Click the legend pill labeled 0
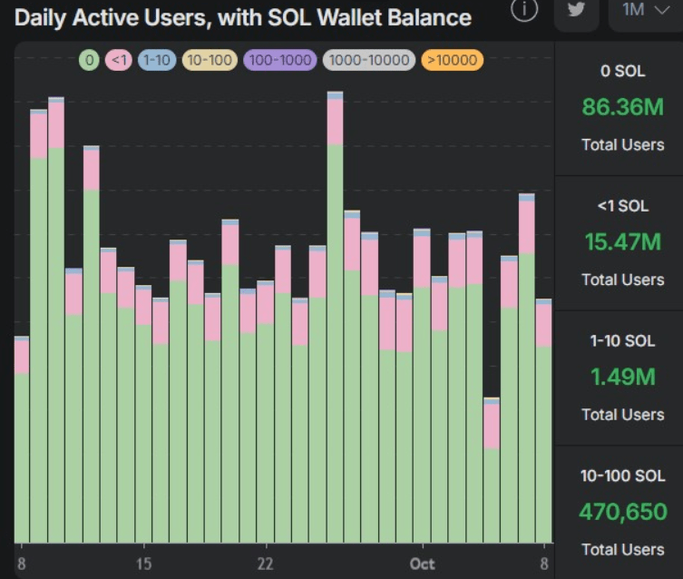pos(89,61)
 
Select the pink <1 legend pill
pos(118,61)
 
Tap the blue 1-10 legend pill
pos(157,61)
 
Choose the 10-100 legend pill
pos(210,61)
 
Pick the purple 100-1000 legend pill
pos(279,61)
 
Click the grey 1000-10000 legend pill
pos(368,61)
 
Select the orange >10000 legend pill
pos(452,61)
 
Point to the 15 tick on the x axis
pos(143,564)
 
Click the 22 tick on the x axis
pos(266,564)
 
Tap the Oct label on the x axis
pos(422,564)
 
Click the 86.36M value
pos(622,107)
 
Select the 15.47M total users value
pos(622,242)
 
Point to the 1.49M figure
pos(622,377)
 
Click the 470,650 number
pos(622,512)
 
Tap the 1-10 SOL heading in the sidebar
pos(622,341)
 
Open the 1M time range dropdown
pos(644,11)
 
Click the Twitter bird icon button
pos(576,11)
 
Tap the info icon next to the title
pos(524,10)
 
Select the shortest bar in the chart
pos(492,472)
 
